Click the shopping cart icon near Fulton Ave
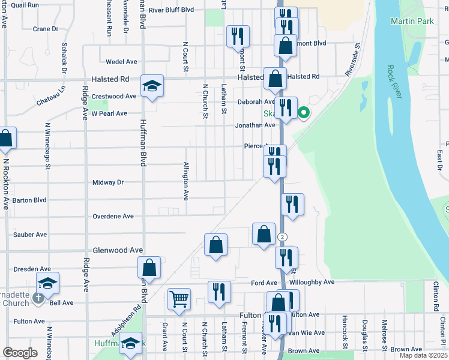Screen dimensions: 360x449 coord(179,298)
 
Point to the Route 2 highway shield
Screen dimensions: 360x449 coord(282,237)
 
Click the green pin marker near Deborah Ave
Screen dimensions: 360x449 coord(304,112)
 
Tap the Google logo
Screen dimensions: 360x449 coord(20,352)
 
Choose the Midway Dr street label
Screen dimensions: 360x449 coord(108,182)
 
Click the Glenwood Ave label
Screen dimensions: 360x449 coord(118,250)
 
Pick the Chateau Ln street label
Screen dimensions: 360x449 coord(50,99)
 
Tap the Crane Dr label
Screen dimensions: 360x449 coord(46,28)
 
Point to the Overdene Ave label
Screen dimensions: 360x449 coord(113,216)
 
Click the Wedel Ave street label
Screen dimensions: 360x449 coord(121,62)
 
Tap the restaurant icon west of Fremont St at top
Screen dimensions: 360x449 coord(238,36)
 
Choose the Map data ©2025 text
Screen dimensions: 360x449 coord(423,355)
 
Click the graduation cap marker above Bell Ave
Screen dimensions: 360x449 coord(48,283)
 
